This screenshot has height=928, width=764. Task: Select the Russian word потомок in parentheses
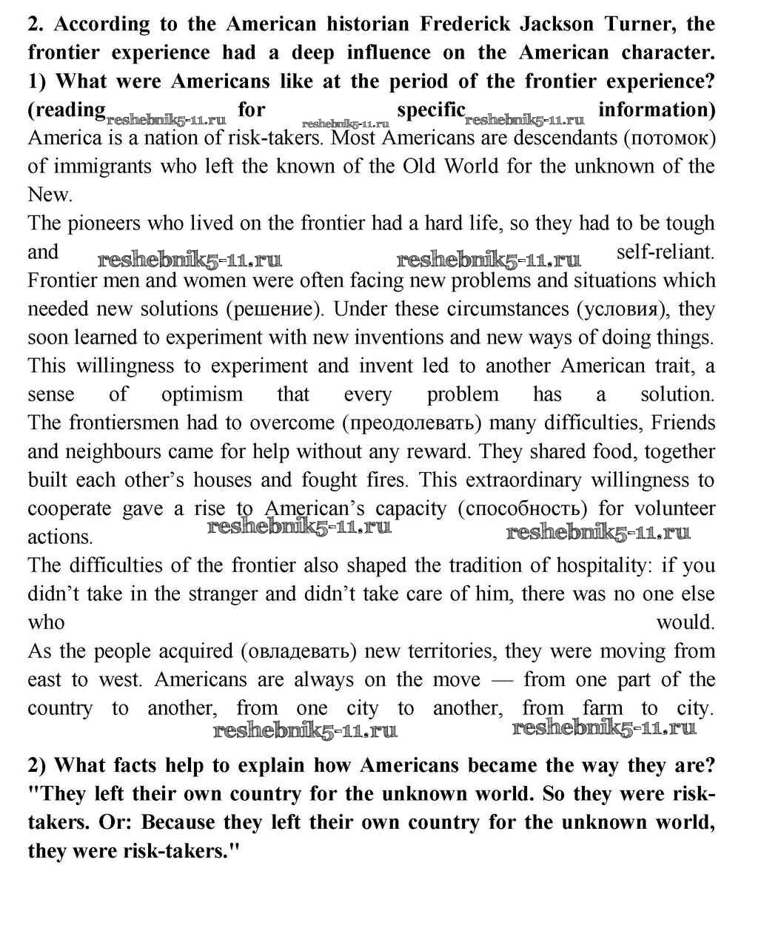tap(669, 138)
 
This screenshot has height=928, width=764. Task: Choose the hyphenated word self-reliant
tap(665, 252)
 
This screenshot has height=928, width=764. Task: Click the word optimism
tap(201, 394)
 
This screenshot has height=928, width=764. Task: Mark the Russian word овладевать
tap(301, 652)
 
